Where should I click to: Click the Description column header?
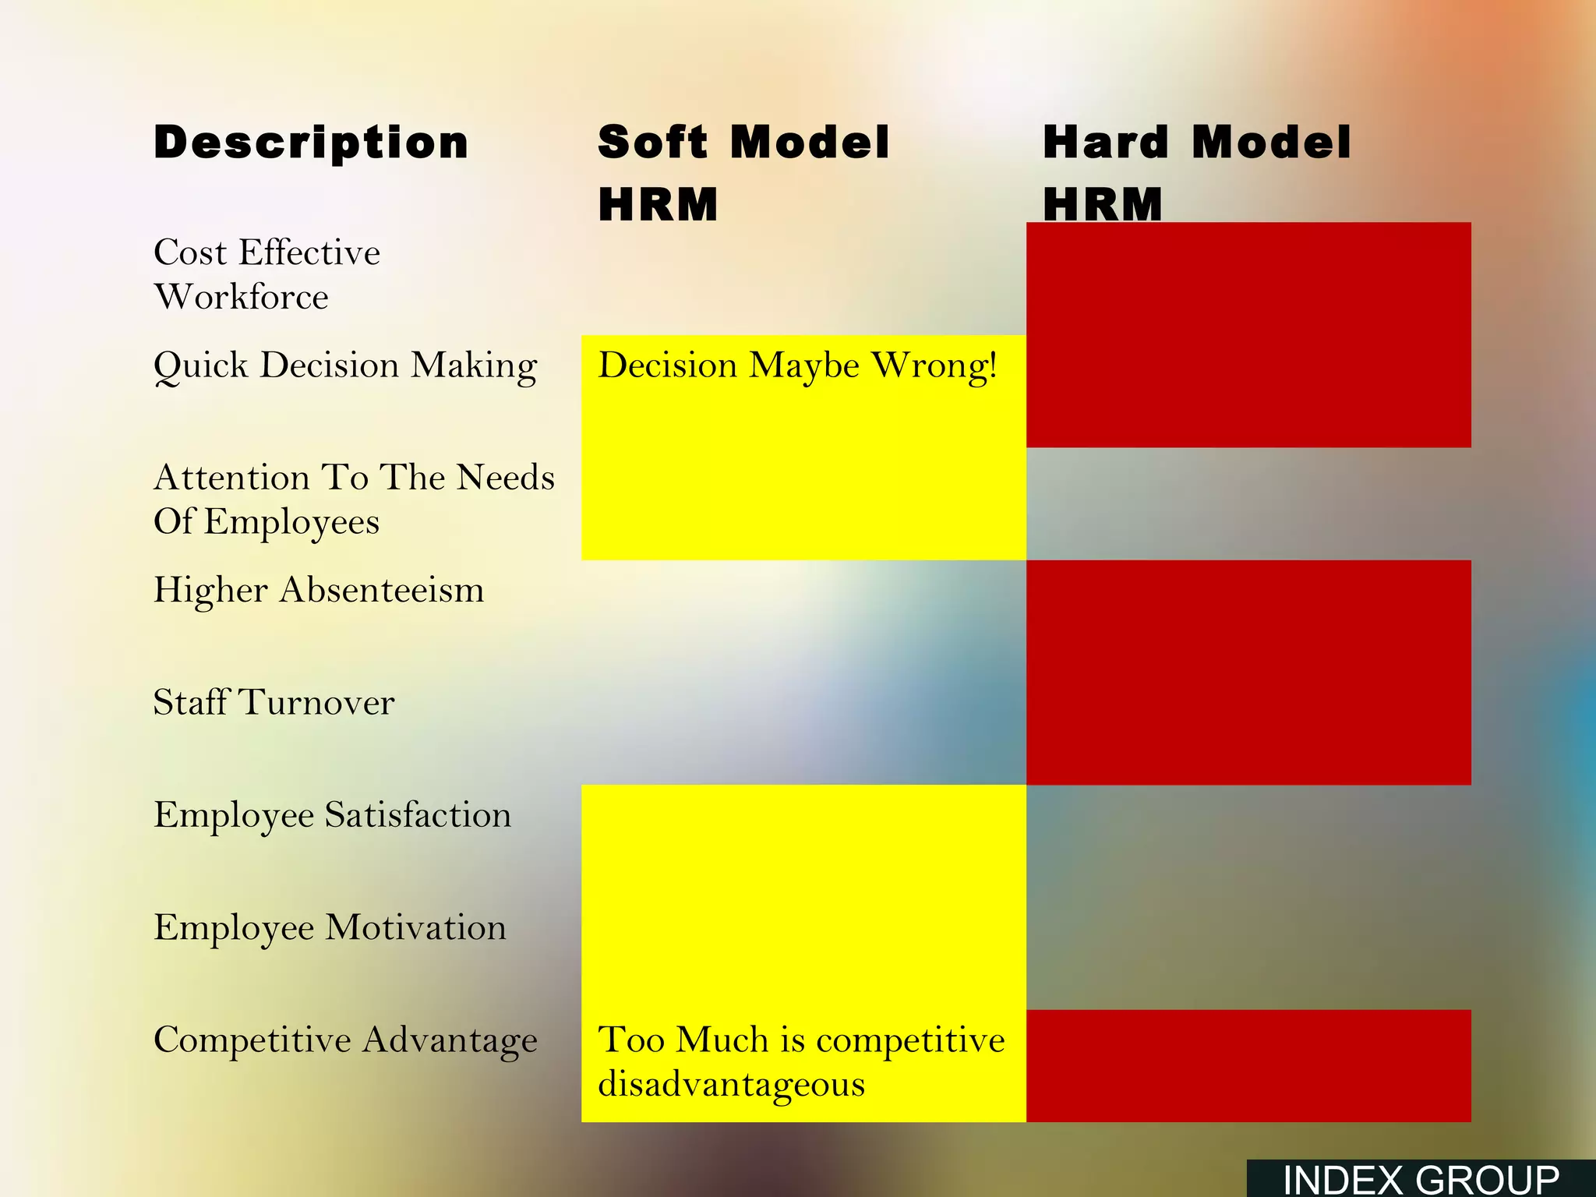(x=311, y=143)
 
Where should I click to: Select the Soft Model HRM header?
(x=743, y=173)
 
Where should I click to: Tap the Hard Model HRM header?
(x=1196, y=173)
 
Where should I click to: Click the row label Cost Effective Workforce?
(x=267, y=274)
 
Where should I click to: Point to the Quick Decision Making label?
(x=345, y=365)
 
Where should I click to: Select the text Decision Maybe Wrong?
(x=797, y=365)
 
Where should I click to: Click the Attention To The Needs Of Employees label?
(x=354, y=500)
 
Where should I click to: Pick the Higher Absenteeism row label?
(x=319, y=590)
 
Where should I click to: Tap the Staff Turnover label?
(x=274, y=702)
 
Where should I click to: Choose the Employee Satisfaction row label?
(x=333, y=815)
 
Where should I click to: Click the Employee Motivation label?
(x=330, y=927)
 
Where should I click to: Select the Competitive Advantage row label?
(x=345, y=1040)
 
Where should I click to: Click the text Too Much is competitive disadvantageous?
(x=801, y=1061)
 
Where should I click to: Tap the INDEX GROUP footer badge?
(x=1421, y=1179)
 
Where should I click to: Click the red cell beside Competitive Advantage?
(x=1248, y=1065)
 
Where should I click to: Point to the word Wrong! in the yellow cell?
(x=934, y=365)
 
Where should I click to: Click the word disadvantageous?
(x=731, y=1084)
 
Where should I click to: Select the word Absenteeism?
(x=382, y=590)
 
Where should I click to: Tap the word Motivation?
(x=415, y=927)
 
